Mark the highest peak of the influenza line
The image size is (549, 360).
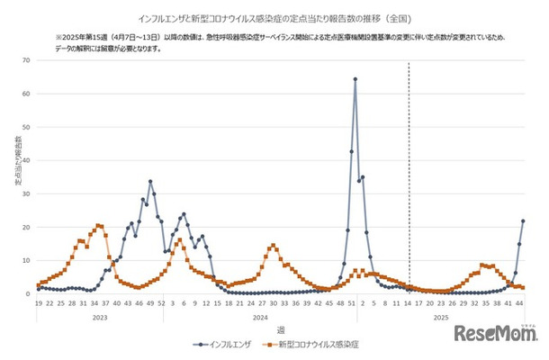click(x=355, y=79)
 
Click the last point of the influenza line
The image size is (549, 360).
click(x=523, y=221)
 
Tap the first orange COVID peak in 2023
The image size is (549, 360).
click(x=98, y=226)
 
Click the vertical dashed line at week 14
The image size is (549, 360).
click(x=409, y=180)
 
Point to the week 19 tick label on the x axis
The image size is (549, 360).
click(x=38, y=303)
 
